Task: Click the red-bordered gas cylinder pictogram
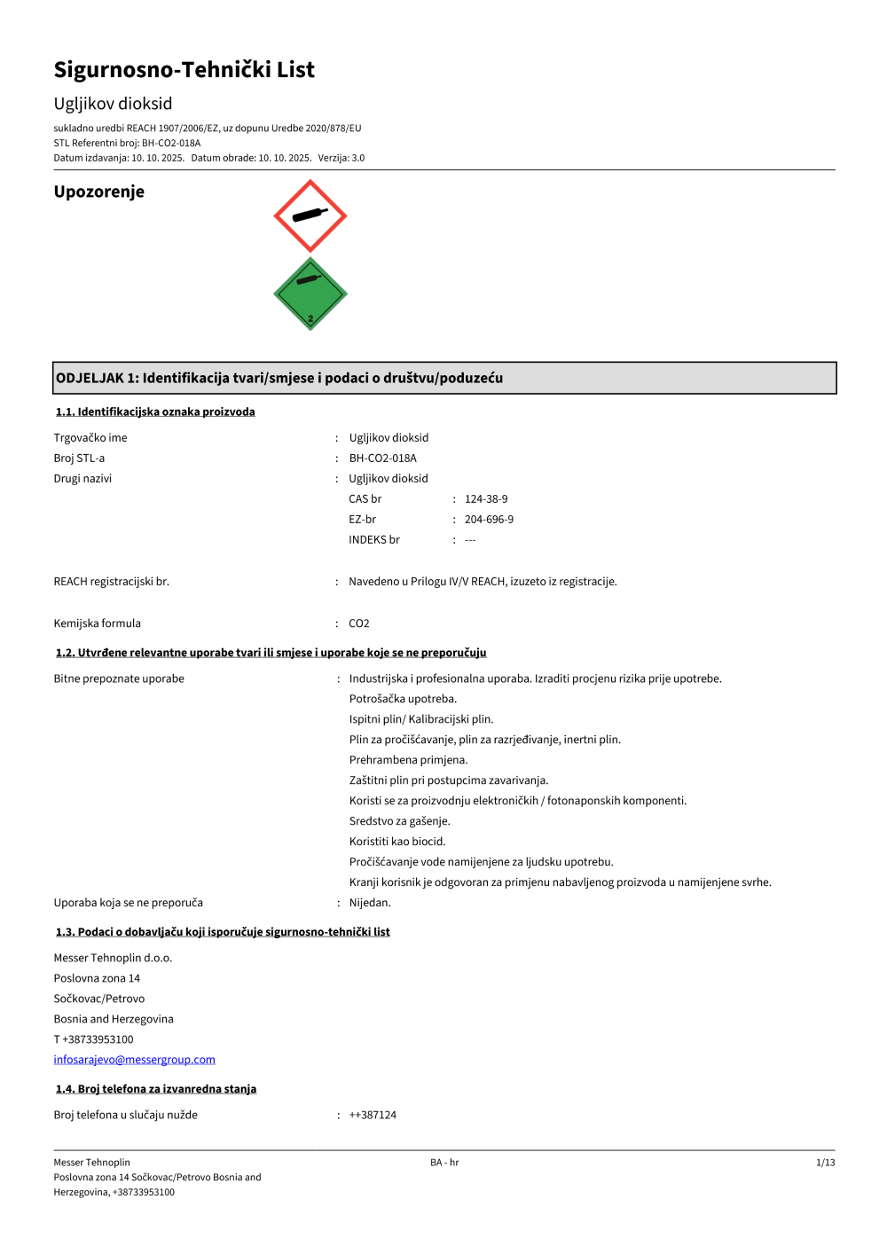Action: click(310, 216)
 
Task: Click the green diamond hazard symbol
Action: click(310, 294)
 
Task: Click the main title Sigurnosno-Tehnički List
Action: click(184, 70)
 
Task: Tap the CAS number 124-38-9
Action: click(486, 499)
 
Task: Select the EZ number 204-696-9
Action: click(489, 520)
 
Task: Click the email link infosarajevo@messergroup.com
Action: click(134, 1060)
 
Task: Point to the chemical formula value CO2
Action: click(358, 623)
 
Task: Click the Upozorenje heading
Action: click(98, 192)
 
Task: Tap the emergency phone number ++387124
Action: click(373, 1116)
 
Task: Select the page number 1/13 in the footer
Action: click(825, 1163)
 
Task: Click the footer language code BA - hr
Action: click(444, 1163)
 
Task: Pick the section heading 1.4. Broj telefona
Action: click(156, 1089)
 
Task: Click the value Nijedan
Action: click(370, 903)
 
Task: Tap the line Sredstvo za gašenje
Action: click(399, 821)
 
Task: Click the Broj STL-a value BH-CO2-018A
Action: click(382, 458)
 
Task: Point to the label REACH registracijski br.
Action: click(111, 582)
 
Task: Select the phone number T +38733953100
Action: click(93, 1039)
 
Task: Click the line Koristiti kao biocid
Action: click(397, 842)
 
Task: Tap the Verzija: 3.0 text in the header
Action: click(341, 158)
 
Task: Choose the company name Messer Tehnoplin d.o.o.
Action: click(113, 958)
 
